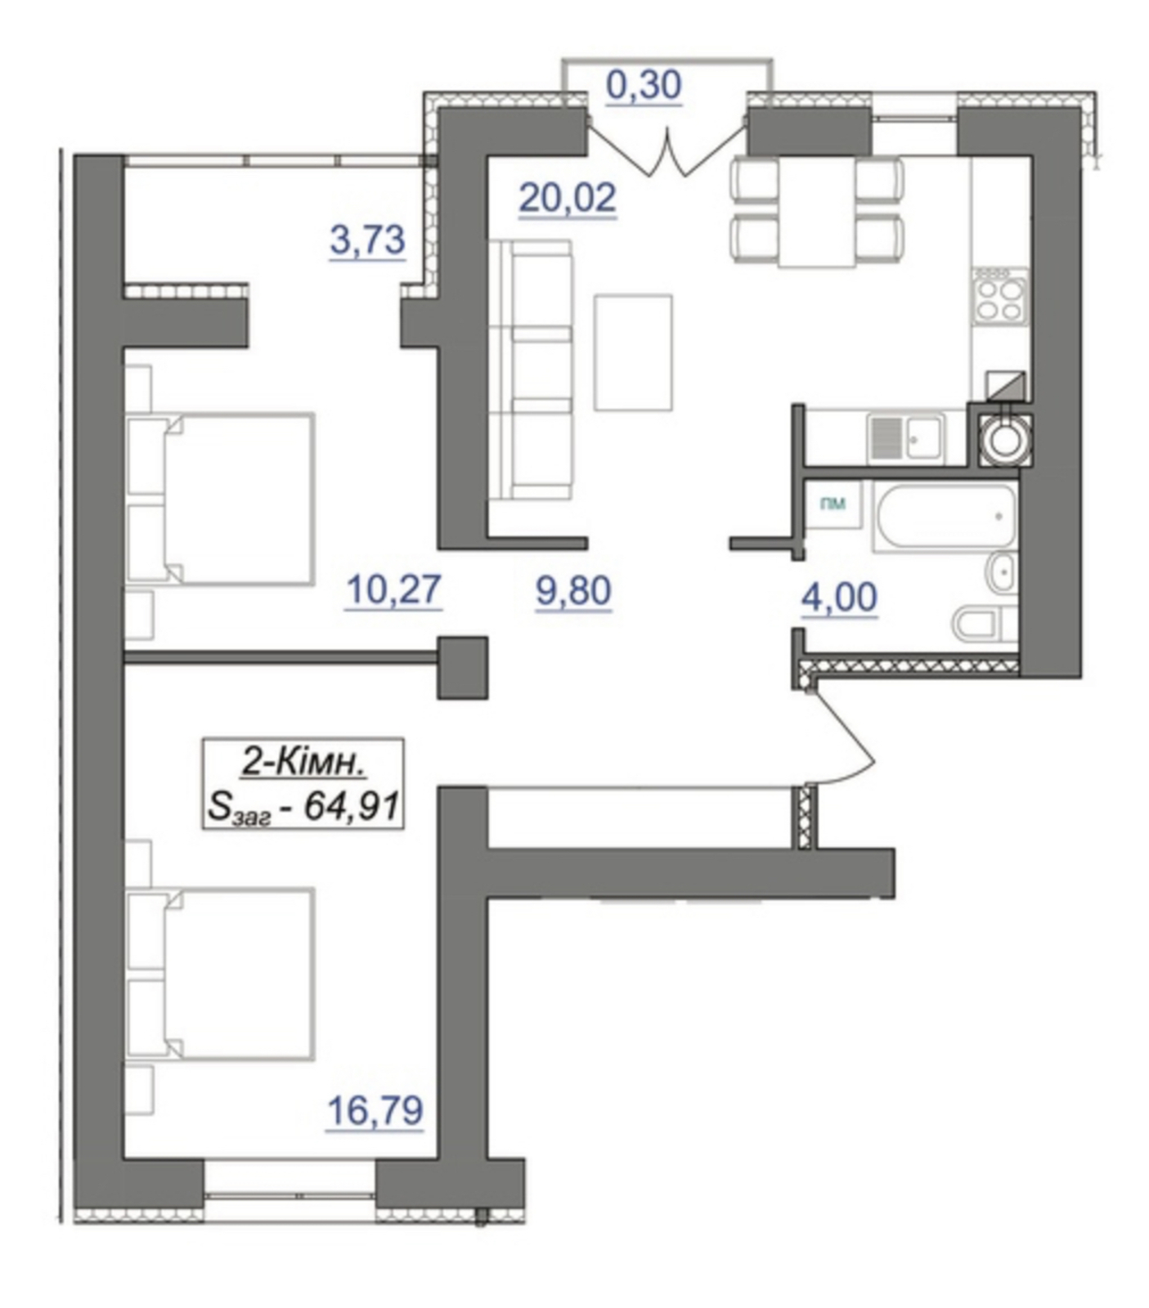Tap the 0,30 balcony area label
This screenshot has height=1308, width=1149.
(644, 85)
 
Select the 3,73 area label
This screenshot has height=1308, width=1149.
(367, 240)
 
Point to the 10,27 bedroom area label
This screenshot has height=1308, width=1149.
(394, 590)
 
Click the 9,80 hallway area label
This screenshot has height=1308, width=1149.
(573, 591)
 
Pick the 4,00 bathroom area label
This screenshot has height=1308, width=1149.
(839, 598)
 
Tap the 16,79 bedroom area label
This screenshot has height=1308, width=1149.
(375, 1110)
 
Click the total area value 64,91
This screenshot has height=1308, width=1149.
(352, 807)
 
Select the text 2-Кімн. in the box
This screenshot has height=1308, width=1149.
(303, 764)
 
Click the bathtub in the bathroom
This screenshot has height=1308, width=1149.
(945, 517)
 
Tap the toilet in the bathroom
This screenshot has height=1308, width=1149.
(984, 625)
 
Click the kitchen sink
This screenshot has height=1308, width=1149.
(906, 437)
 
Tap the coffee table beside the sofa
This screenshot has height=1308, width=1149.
(634, 352)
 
